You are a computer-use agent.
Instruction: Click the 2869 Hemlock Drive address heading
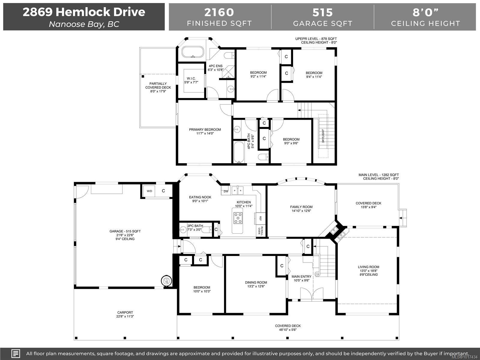pos(84,12)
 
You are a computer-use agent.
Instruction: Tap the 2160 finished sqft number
pos(219,12)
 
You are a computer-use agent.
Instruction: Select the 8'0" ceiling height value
pos(425,12)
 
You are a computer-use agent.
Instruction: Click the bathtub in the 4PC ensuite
pos(193,53)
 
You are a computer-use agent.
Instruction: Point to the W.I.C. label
pos(191,79)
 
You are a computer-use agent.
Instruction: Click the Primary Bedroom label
pos(205,130)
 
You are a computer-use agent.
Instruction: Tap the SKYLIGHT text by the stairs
pos(323,136)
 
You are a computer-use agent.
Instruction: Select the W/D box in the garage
pos(149,191)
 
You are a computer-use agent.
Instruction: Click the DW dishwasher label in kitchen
pos(226,191)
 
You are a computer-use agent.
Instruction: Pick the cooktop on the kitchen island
pos(238,218)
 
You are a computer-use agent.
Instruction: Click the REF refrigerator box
pos(260,218)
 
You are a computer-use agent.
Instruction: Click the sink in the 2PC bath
pos(183,230)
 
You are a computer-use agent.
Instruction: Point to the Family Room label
pos(301,207)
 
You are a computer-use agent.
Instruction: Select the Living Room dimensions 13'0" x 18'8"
pos(368,271)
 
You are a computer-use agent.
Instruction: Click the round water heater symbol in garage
pos(166,281)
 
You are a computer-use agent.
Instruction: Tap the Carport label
pos(125,312)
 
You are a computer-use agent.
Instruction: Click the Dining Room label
pos(256,282)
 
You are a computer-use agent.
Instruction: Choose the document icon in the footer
pos(16,353)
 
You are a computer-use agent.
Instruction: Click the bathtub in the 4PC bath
pos(239,152)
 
